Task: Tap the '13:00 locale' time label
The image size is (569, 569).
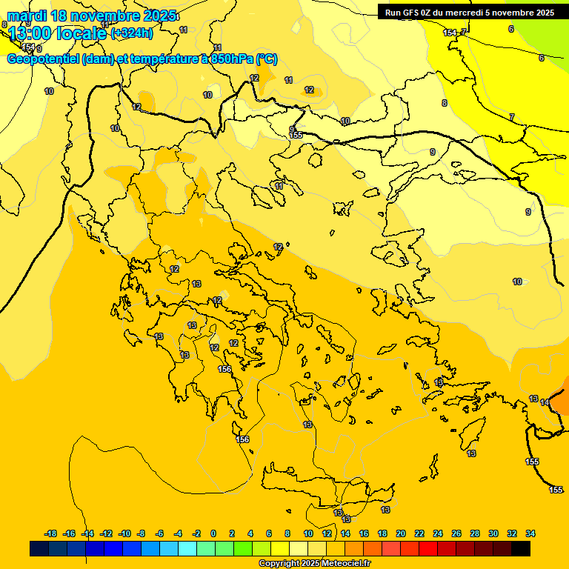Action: [x=57, y=33]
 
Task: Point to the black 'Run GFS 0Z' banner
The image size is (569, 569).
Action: [x=470, y=12]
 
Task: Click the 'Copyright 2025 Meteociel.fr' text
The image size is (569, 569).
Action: [x=314, y=564]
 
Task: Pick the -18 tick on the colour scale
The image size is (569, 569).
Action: [x=51, y=533]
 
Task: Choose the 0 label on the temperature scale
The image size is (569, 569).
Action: [x=213, y=533]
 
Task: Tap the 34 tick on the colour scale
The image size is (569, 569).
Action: [x=530, y=533]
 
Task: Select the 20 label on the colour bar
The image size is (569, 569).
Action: [x=401, y=533]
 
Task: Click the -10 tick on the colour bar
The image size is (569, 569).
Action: [x=124, y=533]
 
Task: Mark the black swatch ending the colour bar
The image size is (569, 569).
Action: [x=521, y=549]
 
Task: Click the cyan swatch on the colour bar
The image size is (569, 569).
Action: [x=187, y=549]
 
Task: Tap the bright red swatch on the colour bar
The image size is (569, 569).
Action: [x=428, y=549]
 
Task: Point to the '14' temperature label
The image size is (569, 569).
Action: [x=545, y=402]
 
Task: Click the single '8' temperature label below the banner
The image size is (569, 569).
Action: [x=445, y=103]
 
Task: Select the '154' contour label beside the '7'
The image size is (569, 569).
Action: [x=449, y=33]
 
